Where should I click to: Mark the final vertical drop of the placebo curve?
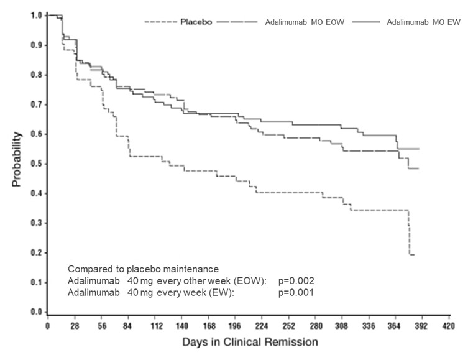click(409, 233)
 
